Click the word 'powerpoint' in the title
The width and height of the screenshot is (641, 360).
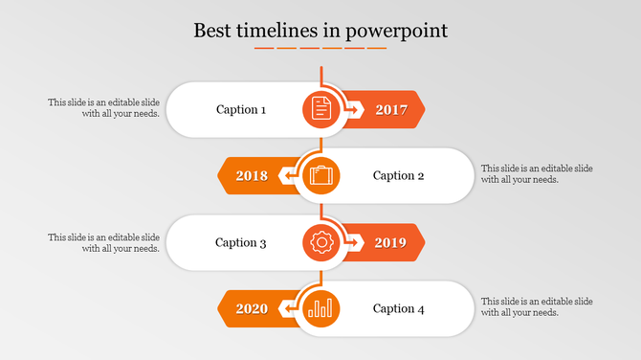[x=397, y=31]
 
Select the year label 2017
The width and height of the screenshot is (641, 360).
[x=391, y=110]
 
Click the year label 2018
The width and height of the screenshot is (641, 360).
[x=252, y=176]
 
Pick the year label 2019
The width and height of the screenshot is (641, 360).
[x=391, y=243]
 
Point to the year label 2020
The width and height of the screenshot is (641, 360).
[x=252, y=309]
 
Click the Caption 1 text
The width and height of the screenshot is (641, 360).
[x=241, y=109]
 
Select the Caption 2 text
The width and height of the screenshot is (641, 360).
[x=398, y=175]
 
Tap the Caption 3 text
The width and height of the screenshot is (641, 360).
[x=241, y=242]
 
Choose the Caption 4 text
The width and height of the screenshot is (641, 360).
[x=398, y=308]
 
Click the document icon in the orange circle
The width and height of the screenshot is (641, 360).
[x=321, y=109]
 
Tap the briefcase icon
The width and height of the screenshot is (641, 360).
[x=321, y=175]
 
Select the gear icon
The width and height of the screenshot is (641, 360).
[x=321, y=242]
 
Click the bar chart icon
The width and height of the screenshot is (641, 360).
[x=321, y=308]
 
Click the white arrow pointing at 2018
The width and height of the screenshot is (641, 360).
[x=287, y=176]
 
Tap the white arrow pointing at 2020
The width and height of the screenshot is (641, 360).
[x=287, y=309]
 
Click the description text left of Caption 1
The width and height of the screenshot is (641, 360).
[x=104, y=107]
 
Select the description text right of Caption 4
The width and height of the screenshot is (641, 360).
[x=537, y=307]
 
